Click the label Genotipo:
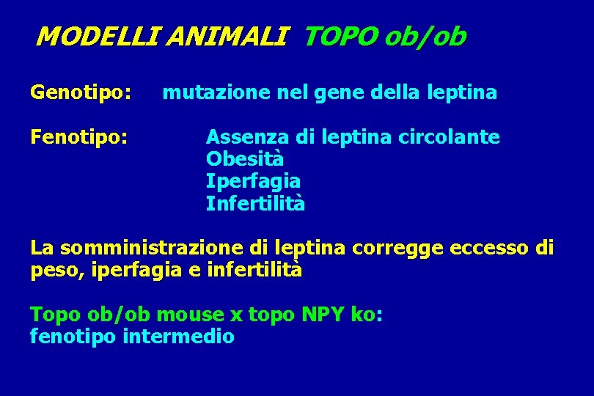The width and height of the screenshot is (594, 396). [81, 93]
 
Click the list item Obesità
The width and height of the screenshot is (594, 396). [245, 158]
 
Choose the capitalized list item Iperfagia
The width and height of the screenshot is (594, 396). [253, 180]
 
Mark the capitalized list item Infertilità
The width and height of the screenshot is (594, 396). [255, 202]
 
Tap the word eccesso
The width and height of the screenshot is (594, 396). [485, 248]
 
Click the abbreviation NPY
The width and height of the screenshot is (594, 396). [323, 315]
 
